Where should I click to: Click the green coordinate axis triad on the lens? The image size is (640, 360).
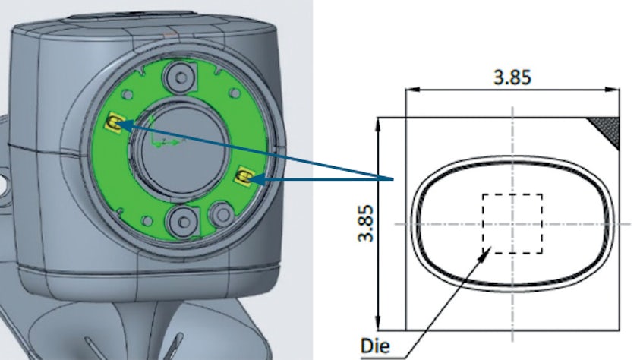click(160, 140)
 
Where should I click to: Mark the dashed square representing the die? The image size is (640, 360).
click(512, 223)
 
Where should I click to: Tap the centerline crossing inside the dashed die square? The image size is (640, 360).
click(513, 224)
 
